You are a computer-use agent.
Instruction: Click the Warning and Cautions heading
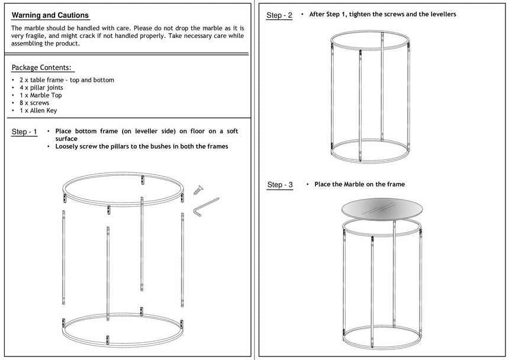point(50,15)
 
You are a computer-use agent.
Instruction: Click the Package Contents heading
point(41,67)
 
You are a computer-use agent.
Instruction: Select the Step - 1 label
point(24,131)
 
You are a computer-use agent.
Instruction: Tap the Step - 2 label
point(279,15)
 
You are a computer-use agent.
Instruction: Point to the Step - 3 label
point(280,185)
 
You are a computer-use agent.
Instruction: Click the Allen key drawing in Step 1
point(204,207)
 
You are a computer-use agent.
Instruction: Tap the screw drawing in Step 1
point(197,189)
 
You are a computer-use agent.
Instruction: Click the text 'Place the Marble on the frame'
point(360,185)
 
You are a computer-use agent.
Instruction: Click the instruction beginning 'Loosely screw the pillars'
point(141,146)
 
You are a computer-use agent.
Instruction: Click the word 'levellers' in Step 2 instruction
point(442,14)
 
